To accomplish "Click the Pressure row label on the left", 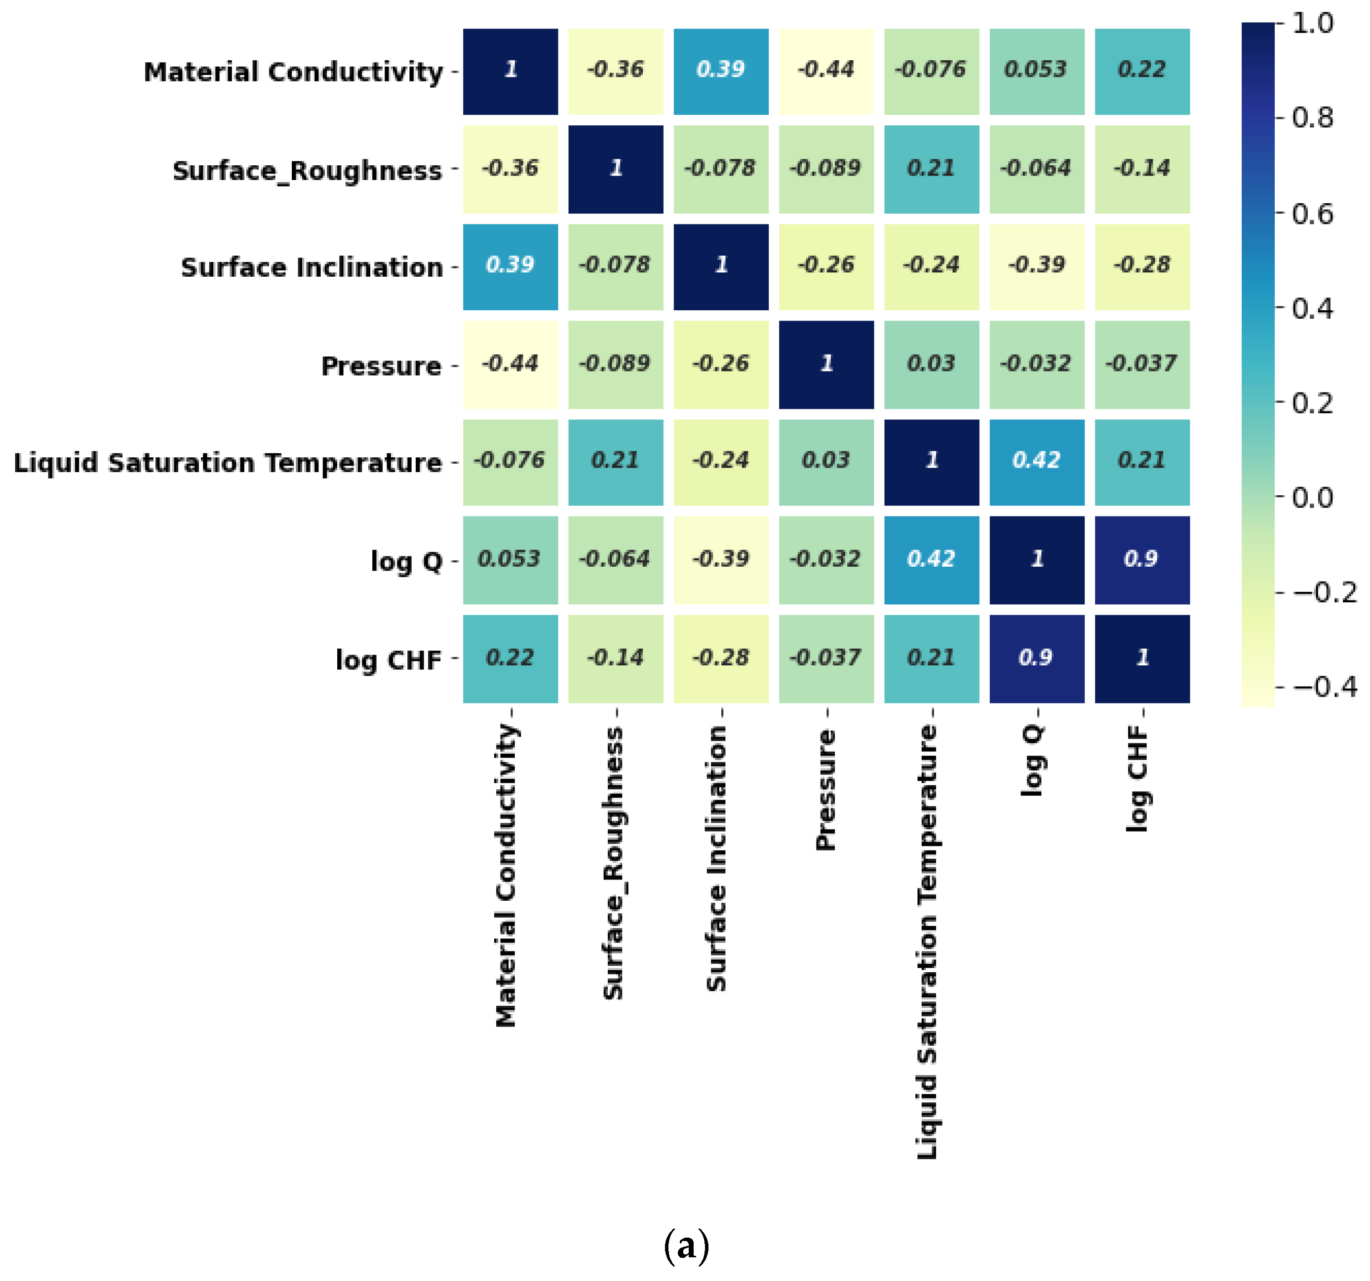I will [381, 366].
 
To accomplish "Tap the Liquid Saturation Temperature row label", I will [228, 462].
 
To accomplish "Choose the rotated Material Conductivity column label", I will [507, 875].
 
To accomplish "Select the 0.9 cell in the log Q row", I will [1141, 559].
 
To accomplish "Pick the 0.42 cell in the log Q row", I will [931, 559].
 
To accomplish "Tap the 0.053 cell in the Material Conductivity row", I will [1036, 71].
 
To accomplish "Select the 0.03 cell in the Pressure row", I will [931, 365].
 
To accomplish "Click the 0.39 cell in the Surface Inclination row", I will [510, 266].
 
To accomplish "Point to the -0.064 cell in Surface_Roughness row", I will [1036, 169].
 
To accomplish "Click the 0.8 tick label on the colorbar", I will [1312, 118].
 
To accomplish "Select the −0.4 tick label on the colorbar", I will [1325, 686].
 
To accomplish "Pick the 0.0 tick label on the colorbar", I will [1312, 497].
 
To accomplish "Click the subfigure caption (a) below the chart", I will [686, 1246].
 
